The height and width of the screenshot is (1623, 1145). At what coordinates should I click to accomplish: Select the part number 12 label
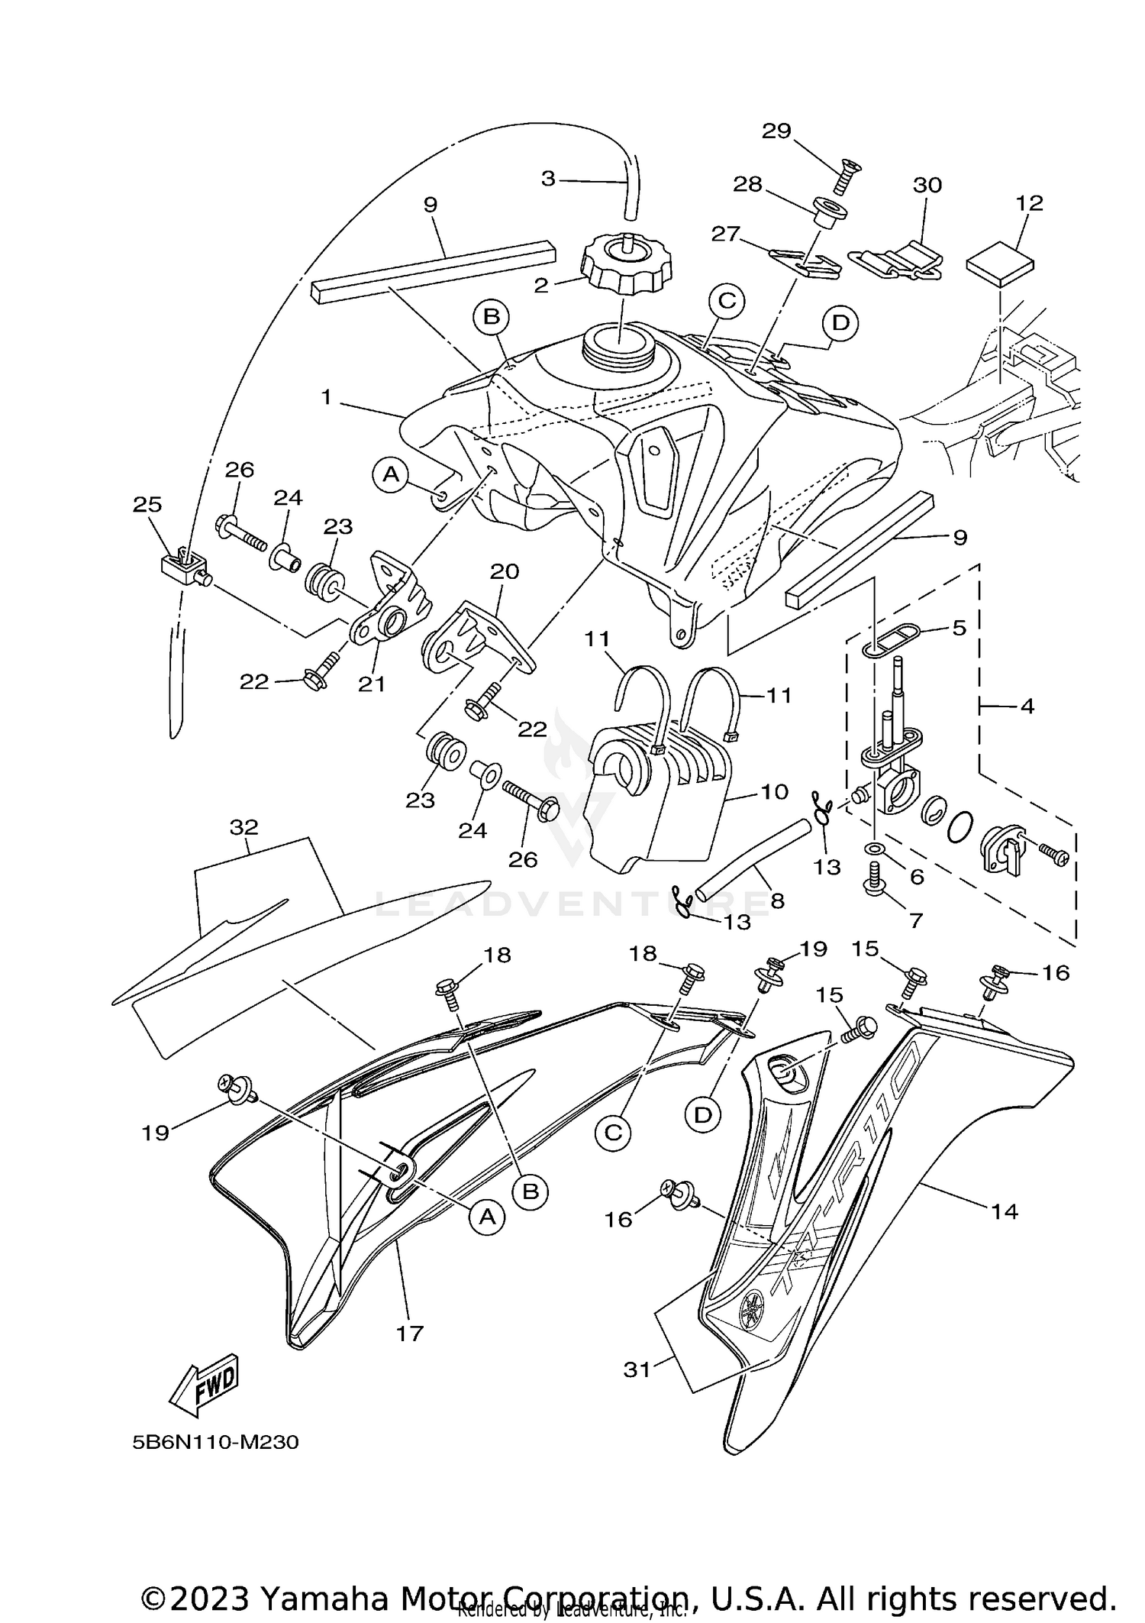[x=1029, y=203]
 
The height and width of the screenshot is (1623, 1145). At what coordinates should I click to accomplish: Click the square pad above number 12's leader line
[x=1000, y=263]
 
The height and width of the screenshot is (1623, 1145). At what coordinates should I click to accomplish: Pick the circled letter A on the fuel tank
[x=391, y=475]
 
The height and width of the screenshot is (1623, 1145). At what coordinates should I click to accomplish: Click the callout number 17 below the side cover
[x=410, y=1333]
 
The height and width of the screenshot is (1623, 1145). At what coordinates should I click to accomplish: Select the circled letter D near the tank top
[x=840, y=323]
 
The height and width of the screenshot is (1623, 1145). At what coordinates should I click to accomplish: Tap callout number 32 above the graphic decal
[x=244, y=827]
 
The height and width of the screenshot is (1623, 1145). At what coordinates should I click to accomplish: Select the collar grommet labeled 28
[x=829, y=212]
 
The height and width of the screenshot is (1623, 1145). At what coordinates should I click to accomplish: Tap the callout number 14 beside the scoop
[x=1005, y=1211]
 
